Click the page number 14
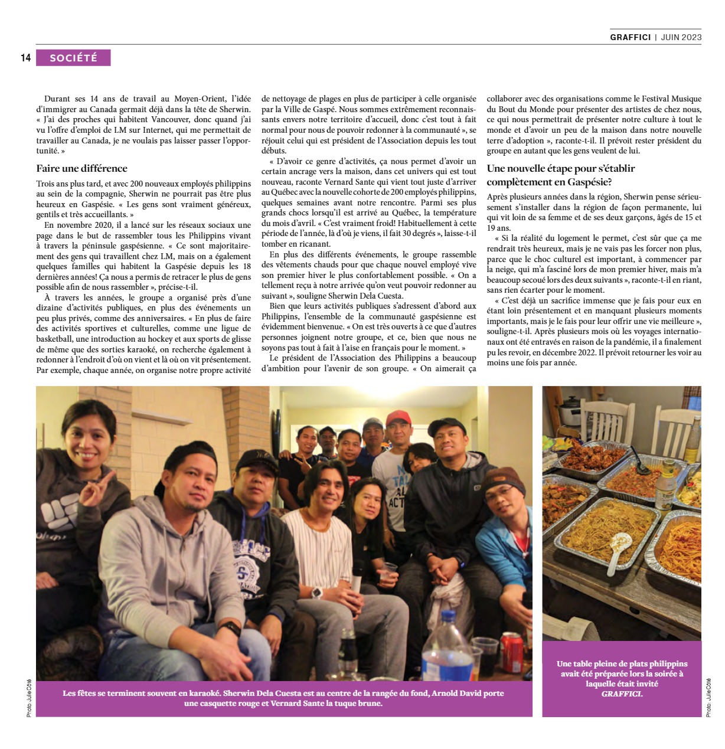pos(25,58)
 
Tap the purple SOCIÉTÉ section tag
pos(73,58)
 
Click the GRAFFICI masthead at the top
pos(631,37)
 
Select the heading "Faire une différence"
pos(81,168)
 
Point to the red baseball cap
pos(399,417)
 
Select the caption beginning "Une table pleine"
pos(622,679)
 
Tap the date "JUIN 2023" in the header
pos(681,37)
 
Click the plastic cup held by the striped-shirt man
pos(388,571)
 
